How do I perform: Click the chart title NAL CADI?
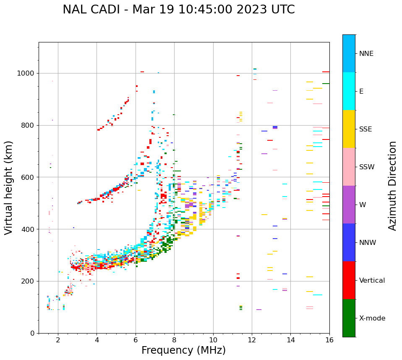coord(178,10)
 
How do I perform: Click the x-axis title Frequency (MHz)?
coord(183,350)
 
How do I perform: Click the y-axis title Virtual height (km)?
coord(9,187)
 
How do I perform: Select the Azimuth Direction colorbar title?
coord(392,186)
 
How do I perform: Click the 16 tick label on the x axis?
coord(329,340)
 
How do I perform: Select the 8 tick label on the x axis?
coord(174,340)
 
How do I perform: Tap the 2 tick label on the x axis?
coord(58,340)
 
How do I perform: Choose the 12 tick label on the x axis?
coord(252,340)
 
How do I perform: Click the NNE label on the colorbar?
coord(366,54)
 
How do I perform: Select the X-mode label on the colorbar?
coord(372,318)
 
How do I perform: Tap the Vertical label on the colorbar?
coord(372,281)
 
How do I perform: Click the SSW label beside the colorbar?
coord(366,167)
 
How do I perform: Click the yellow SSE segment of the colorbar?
coord(349,129)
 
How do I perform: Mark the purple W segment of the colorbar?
coord(349,205)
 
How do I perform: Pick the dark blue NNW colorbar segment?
coord(349,242)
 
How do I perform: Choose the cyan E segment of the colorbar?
coord(349,91)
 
